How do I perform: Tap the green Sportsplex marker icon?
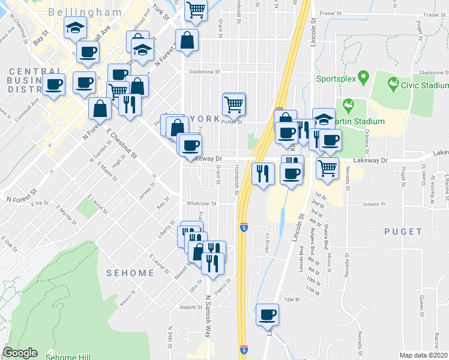coord(362,78)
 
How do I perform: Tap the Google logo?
coord(20,353)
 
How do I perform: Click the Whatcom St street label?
coord(200,204)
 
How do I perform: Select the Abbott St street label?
coord(191,307)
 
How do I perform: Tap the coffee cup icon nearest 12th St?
coord(268,314)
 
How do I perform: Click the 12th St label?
coord(292,299)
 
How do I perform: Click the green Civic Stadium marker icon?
coord(394,83)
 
